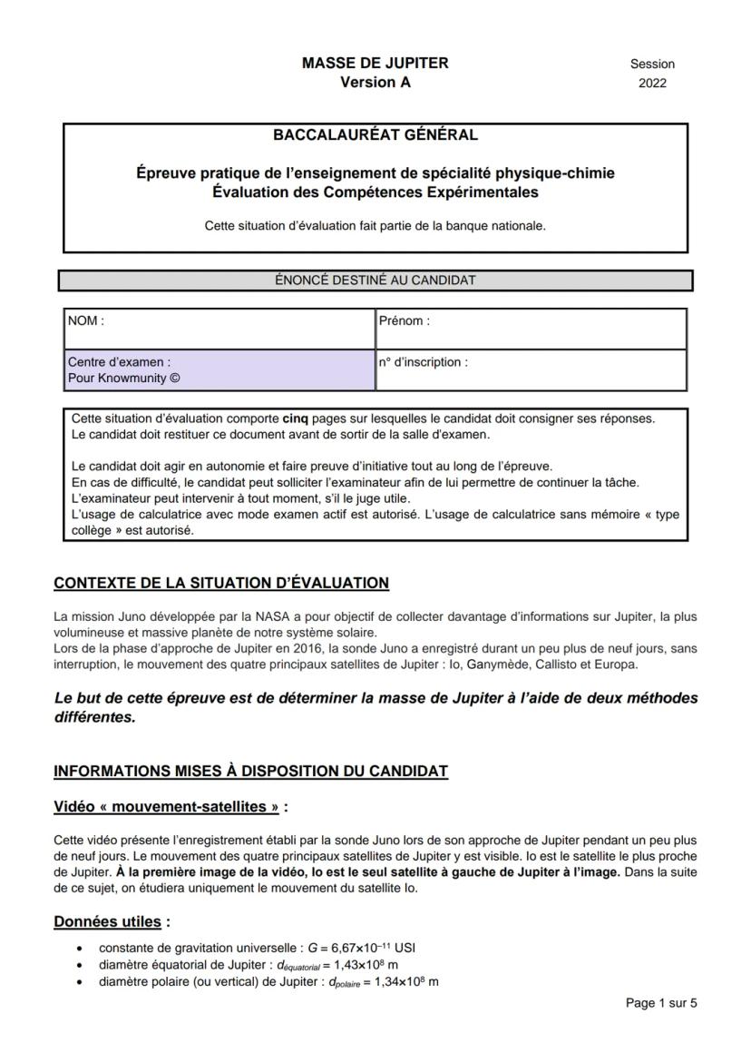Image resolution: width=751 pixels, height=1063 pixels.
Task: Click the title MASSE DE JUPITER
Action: click(x=375, y=64)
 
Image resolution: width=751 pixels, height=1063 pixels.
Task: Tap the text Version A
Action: click(x=375, y=82)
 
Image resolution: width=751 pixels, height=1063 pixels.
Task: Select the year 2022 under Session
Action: click(x=652, y=83)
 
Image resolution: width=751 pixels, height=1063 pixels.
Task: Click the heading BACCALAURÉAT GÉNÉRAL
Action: click(x=375, y=135)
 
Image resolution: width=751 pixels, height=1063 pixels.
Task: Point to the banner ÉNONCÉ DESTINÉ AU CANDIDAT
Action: click(x=375, y=281)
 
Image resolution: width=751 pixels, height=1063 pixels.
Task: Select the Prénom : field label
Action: click(x=405, y=320)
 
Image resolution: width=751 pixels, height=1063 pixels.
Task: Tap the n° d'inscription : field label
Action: click(x=424, y=362)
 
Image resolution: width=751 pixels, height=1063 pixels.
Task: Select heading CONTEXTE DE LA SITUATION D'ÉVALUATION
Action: click(x=221, y=582)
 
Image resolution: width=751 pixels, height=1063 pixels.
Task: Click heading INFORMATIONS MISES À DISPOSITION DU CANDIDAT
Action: click(x=251, y=772)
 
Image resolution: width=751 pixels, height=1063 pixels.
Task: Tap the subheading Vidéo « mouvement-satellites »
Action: click(x=171, y=806)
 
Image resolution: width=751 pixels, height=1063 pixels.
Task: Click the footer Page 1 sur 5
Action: click(x=661, y=1003)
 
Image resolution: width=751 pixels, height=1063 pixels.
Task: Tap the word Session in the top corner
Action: click(x=652, y=64)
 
